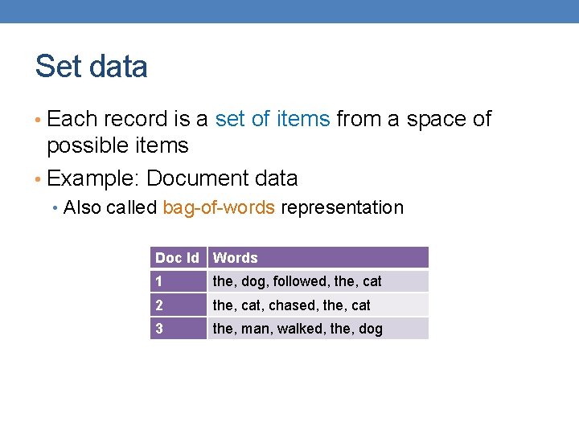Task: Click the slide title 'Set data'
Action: [91, 67]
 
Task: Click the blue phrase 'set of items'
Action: [273, 119]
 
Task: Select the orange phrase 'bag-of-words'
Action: [219, 207]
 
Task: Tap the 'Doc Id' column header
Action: [177, 258]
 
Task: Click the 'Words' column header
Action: [235, 258]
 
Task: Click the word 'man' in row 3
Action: [255, 328]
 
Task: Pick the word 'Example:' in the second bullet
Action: [94, 178]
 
